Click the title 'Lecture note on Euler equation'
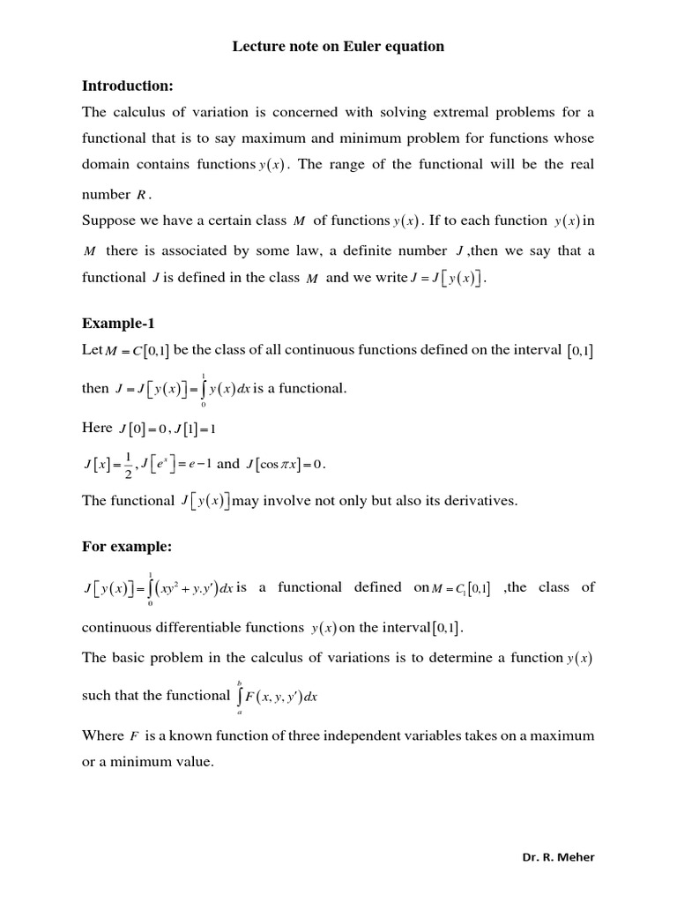[338, 47]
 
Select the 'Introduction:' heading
[128, 86]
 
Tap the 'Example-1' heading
[117, 323]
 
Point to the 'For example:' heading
[126, 547]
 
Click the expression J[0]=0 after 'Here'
[138, 429]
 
